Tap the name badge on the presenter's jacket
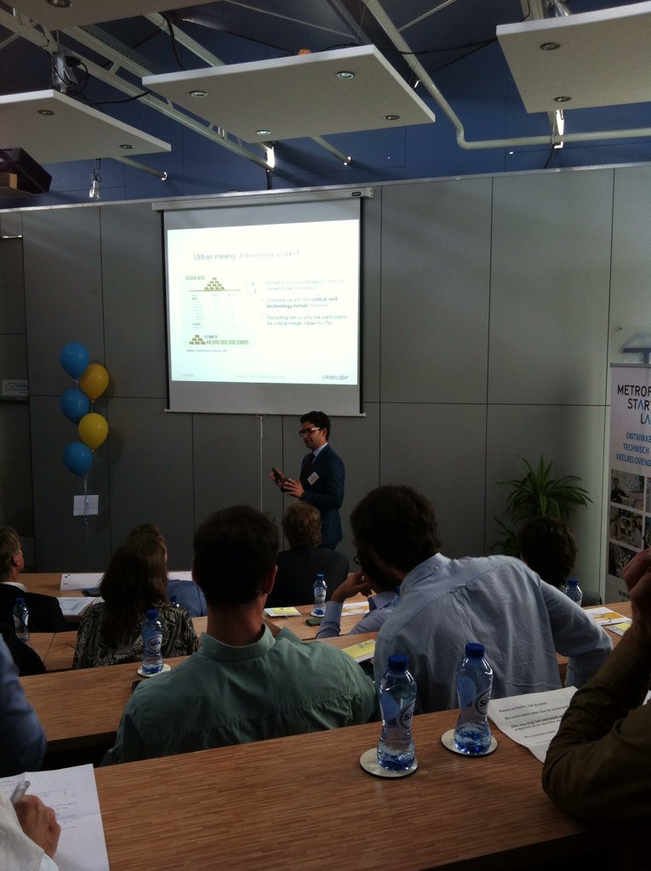[313, 478]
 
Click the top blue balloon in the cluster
[75, 360]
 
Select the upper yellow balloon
[94, 381]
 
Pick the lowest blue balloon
[77, 458]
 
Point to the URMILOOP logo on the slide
[335, 377]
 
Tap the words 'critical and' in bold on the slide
[320, 299]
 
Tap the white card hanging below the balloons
[85, 504]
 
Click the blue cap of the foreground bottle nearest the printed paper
[475, 651]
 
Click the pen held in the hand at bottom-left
[19, 791]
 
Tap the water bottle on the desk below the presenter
[319, 595]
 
